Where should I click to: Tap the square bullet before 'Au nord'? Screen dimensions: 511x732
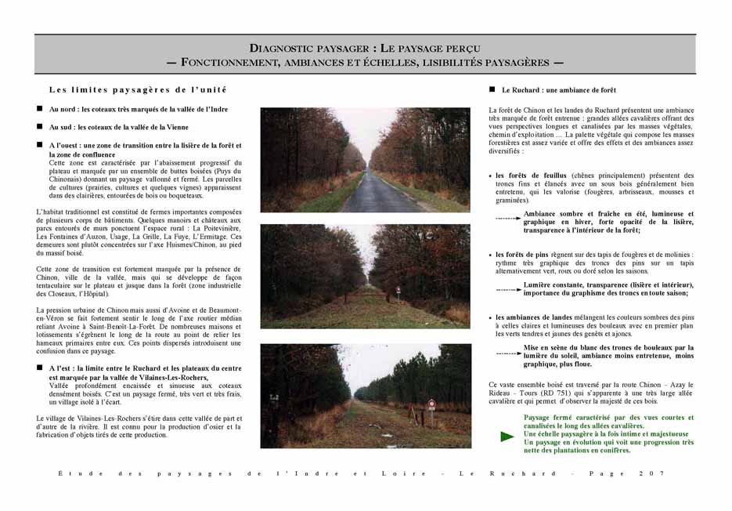click(x=39, y=109)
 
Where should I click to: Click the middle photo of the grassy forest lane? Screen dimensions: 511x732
click(x=366, y=276)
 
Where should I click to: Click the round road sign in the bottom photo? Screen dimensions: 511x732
click(x=431, y=404)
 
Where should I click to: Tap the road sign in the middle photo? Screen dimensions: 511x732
click(x=398, y=289)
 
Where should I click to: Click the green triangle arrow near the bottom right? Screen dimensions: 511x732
click(x=507, y=436)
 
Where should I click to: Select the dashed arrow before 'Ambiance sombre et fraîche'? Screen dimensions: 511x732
click(x=508, y=218)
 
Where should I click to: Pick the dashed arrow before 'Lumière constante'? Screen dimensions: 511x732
click(x=508, y=289)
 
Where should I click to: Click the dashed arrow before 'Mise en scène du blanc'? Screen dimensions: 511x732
click(x=508, y=353)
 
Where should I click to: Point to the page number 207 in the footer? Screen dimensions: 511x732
click(x=655, y=473)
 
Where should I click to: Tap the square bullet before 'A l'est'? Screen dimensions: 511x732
click(x=39, y=368)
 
